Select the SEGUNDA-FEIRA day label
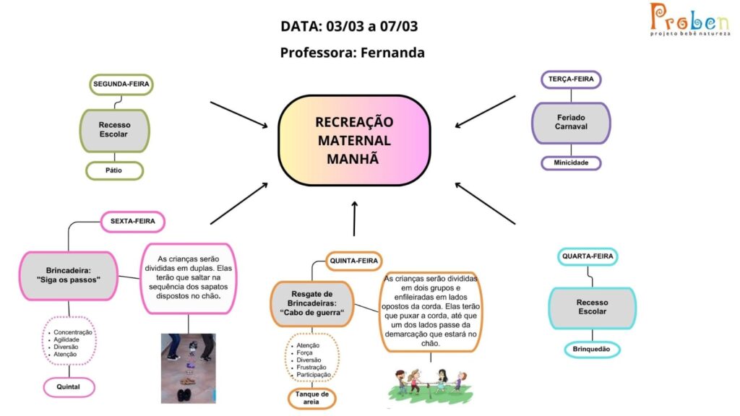click(121, 84)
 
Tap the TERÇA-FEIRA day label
click(571, 79)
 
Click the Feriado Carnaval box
click(571, 123)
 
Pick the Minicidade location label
click(571, 162)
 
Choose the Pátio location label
click(114, 170)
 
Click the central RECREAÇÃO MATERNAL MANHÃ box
click(354, 140)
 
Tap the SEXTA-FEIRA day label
click(133, 221)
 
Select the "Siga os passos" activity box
click(69, 275)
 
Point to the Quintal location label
click(69, 387)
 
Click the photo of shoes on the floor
click(189, 368)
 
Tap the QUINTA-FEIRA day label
click(353, 261)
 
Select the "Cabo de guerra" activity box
click(312, 303)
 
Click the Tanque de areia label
click(311, 398)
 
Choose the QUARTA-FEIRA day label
click(588, 256)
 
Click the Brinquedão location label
click(592, 350)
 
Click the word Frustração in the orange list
click(311, 368)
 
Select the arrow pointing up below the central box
click(354, 218)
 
